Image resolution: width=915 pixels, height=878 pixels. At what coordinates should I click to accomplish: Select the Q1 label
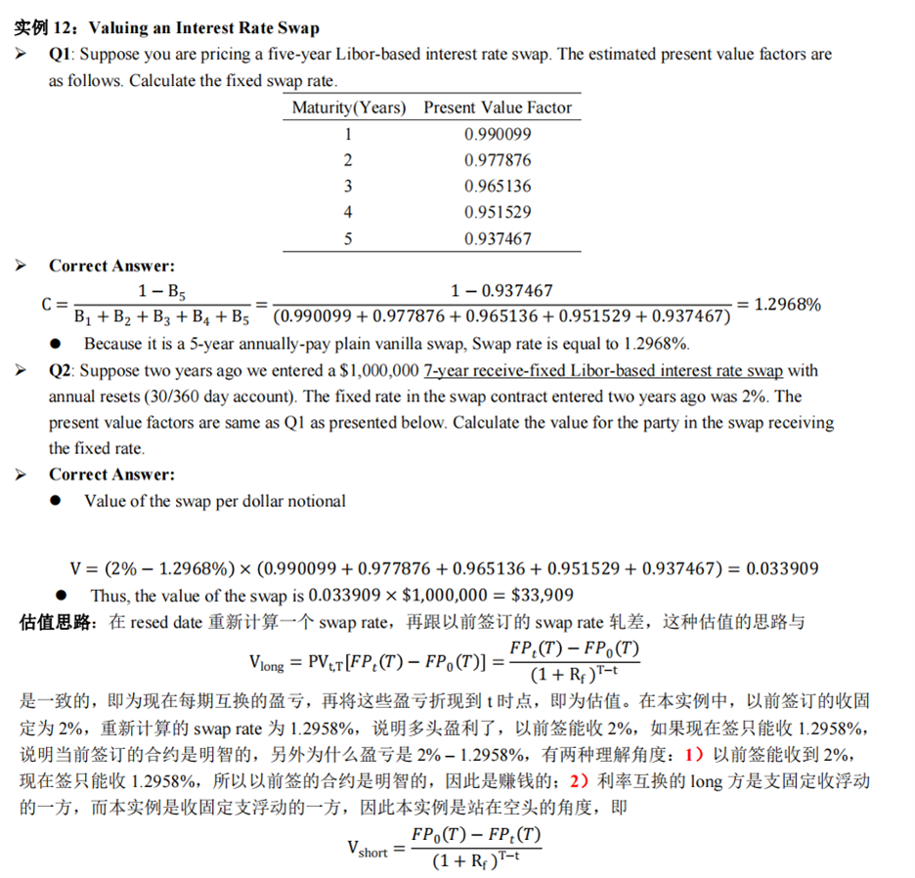tap(61, 55)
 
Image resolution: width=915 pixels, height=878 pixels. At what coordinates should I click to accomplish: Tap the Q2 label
tap(61, 371)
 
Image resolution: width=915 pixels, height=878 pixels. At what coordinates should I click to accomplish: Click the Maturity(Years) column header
tap(349, 107)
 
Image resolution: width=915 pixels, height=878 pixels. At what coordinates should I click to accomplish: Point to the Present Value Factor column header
tap(498, 107)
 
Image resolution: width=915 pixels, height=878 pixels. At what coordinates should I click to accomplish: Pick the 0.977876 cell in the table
tap(498, 160)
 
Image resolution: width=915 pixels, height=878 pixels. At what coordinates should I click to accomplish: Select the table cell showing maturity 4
tap(347, 212)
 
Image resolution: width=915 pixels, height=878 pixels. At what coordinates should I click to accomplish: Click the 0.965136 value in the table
tap(498, 186)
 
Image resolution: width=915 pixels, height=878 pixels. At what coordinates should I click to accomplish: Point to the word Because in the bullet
tap(114, 344)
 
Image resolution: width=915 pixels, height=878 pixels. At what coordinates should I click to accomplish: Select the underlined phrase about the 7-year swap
tap(606, 371)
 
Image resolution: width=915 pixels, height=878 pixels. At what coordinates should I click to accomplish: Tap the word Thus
tap(109, 595)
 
